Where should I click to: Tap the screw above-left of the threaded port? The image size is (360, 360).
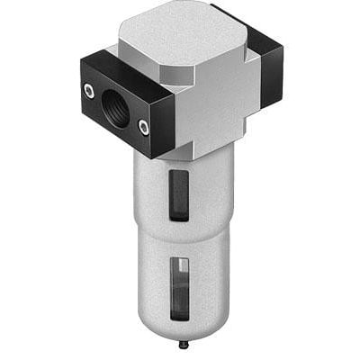click(88, 90)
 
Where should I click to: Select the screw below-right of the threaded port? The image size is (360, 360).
click(144, 129)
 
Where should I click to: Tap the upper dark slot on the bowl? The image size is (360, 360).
click(181, 193)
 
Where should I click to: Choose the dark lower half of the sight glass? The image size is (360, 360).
click(181, 301)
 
